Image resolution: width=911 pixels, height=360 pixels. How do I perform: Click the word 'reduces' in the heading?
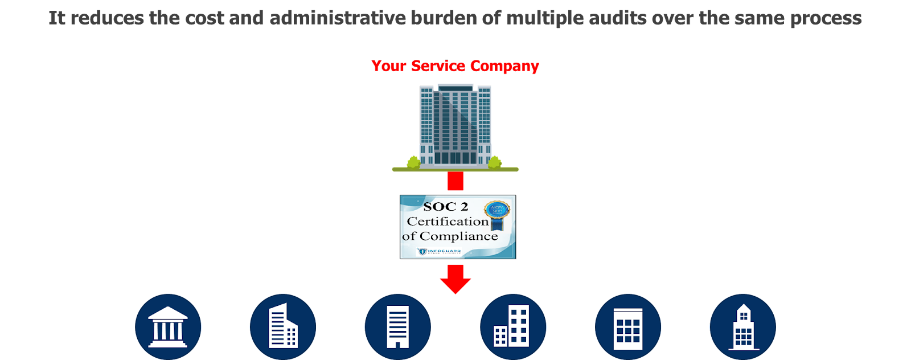(x=107, y=18)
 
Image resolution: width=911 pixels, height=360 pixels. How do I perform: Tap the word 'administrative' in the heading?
(x=338, y=18)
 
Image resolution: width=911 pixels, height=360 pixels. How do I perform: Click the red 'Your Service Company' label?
(x=455, y=66)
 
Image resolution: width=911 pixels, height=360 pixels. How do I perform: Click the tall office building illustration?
(x=455, y=125)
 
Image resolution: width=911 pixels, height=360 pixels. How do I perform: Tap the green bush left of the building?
(x=413, y=163)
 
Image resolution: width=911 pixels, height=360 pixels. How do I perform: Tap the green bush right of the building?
(x=494, y=163)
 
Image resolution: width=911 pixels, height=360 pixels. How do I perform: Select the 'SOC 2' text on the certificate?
(x=445, y=206)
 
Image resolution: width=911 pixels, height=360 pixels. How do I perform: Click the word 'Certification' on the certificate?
(x=448, y=221)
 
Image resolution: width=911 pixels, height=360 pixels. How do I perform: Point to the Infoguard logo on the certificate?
(x=439, y=251)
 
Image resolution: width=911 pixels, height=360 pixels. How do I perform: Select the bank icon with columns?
(x=168, y=327)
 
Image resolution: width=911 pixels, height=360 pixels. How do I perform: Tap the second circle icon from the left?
(x=283, y=327)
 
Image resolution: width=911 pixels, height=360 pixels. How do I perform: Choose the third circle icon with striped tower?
(x=397, y=327)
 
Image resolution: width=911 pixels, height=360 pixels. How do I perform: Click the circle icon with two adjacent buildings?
(x=513, y=327)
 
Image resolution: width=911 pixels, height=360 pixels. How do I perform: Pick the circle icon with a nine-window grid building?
(x=628, y=327)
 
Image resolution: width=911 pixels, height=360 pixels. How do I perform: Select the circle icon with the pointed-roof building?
(x=742, y=327)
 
